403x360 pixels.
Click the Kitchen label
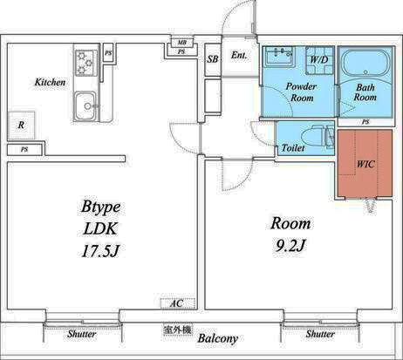pos(50,82)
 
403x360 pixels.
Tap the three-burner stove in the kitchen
pos(86,63)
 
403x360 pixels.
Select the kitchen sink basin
pos(85,106)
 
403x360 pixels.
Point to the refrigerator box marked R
pos(21,126)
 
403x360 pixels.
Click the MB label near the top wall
pos(181,43)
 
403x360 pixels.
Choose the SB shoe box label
pos(213,59)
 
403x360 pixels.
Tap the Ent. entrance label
pos(239,55)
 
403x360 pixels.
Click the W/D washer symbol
pos(319,60)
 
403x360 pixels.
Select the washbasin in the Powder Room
pos(280,55)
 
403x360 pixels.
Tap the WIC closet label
pos(365,164)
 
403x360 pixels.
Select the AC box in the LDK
pos(178,303)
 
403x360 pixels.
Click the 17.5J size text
pos(100,251)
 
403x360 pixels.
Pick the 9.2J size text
pos(290,246)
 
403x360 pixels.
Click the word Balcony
pos(218,338)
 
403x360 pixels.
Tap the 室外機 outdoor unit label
pos(178,329)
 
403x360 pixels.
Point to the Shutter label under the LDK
pos(82,334)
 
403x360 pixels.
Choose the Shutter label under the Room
pos(320,334)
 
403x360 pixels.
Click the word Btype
pos(100,207)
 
